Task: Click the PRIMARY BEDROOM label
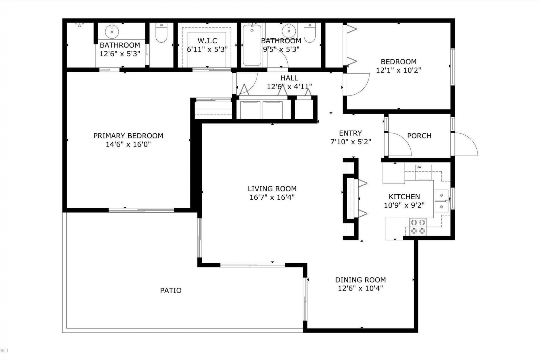128,136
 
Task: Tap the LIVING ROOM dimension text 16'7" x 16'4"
272,197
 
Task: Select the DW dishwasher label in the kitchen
419,167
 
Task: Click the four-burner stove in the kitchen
418,227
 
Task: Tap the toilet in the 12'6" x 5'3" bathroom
161,33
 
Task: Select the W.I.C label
207,41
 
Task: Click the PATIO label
171,291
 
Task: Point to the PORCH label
419,136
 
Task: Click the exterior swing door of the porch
465,144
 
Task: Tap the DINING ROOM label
360,280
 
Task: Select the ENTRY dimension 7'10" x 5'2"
350,142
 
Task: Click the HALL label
289,78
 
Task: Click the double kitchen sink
442,201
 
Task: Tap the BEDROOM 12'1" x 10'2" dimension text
398,70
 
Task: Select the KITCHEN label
404,197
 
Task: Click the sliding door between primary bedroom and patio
141,210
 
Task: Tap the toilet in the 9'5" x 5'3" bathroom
309,33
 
